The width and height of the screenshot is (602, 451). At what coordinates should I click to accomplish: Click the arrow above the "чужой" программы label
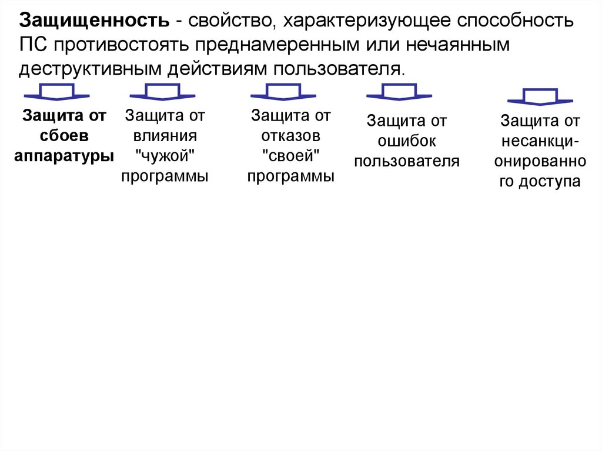coord(162,92)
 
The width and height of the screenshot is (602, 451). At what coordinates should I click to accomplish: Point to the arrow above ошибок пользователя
coord(399,92)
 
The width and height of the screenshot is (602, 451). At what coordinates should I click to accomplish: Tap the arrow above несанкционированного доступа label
coord(540,96)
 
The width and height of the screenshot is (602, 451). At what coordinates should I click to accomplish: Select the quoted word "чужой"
coord(165,156)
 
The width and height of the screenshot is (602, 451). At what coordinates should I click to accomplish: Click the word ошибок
coord(407,141)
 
